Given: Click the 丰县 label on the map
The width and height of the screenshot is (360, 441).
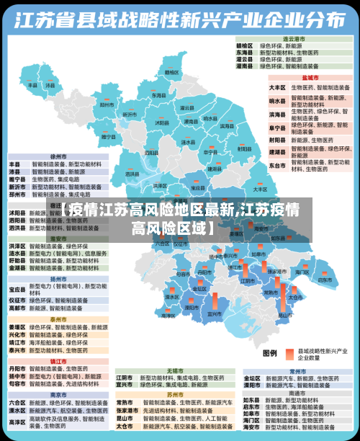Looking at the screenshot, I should [x=32, y=84].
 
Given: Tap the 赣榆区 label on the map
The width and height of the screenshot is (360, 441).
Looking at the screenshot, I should [x=171, y=72].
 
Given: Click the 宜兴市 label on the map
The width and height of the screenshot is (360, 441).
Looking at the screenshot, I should [x=214, y=314].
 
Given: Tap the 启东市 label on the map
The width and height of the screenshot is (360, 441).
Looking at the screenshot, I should [x=325, y=279].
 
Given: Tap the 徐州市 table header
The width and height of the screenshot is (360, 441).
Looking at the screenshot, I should [x=58, y=155].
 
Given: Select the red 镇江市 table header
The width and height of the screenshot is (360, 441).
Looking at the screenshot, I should [x=58, y=360].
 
